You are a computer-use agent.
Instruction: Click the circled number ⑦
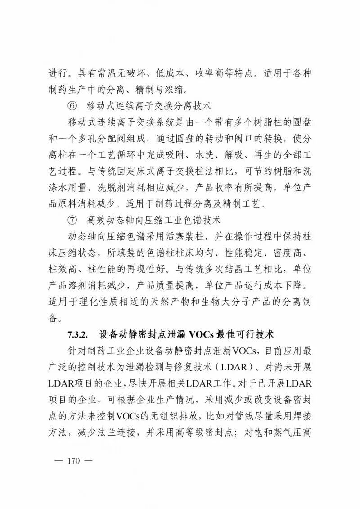click(72, 221)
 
